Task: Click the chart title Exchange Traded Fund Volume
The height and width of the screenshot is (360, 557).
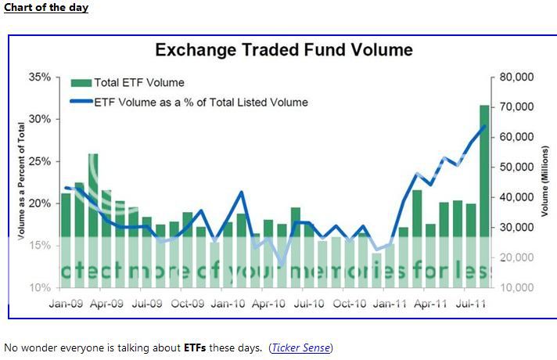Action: [x=283, y=51]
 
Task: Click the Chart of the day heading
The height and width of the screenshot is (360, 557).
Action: [x=46, y=8]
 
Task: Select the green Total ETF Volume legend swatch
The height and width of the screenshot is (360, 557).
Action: [x=81, y=82]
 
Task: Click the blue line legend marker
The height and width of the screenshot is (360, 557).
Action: [x=81, y=102]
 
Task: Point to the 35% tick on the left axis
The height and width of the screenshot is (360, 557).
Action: [x=39, y=77]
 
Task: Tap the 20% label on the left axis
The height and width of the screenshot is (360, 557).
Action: [x=39, y=203]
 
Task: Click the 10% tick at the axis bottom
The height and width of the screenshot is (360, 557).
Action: [x=39, y=287]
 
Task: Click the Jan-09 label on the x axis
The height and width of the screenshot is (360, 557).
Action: [x=66, y=302]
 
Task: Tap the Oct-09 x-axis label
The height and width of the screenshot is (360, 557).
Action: [x=187, y=302]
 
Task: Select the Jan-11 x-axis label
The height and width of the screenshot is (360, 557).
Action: [x=389, y=302]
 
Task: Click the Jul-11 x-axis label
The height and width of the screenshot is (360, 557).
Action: [x=469, y=302]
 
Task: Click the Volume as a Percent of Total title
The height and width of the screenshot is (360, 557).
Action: [x=21, y=182]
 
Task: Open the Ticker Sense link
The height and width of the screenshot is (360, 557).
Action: [x=301, y=347]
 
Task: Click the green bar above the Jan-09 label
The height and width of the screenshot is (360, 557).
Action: [x=66, y=235]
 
